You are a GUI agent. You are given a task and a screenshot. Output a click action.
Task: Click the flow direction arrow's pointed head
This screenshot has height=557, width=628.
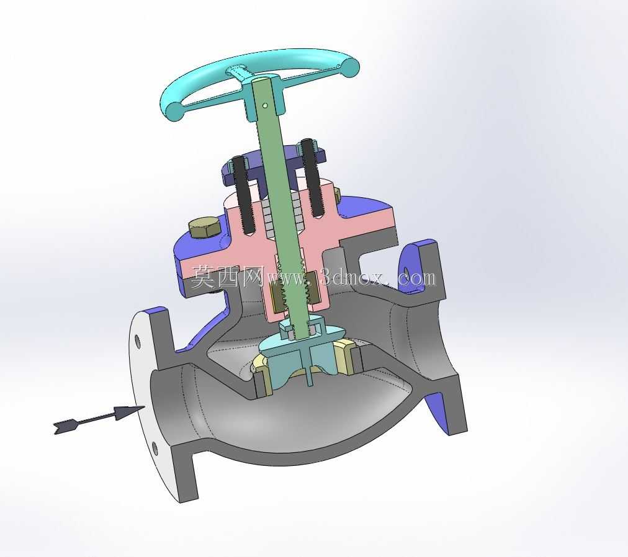pyautogui.click(x=129, y=411)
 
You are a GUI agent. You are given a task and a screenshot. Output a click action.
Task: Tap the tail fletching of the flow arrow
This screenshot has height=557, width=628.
pyautogui.click(x=64, y=426)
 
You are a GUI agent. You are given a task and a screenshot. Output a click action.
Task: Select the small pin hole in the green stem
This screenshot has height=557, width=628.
pyautogui.click(x=265, y=105)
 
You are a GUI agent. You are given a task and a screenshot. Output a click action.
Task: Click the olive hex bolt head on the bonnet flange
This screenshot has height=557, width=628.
pyautogui.click(x=204, y=229)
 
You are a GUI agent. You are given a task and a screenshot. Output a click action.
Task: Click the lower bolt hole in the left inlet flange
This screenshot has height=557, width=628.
pyautogui.click(x=155, y=448)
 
